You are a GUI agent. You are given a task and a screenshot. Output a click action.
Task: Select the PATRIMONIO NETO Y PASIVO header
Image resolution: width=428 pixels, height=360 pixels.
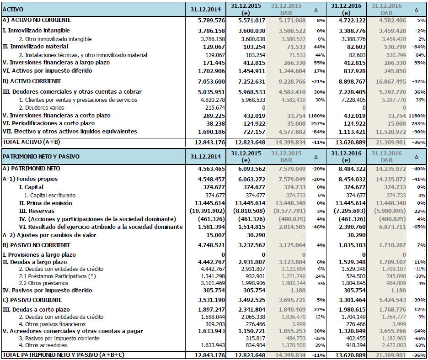pos(41,157)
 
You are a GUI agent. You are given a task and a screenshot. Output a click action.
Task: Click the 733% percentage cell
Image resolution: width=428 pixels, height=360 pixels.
pos(415,123)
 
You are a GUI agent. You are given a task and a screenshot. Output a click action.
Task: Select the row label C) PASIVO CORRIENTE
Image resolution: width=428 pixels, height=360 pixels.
pos(32,300)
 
